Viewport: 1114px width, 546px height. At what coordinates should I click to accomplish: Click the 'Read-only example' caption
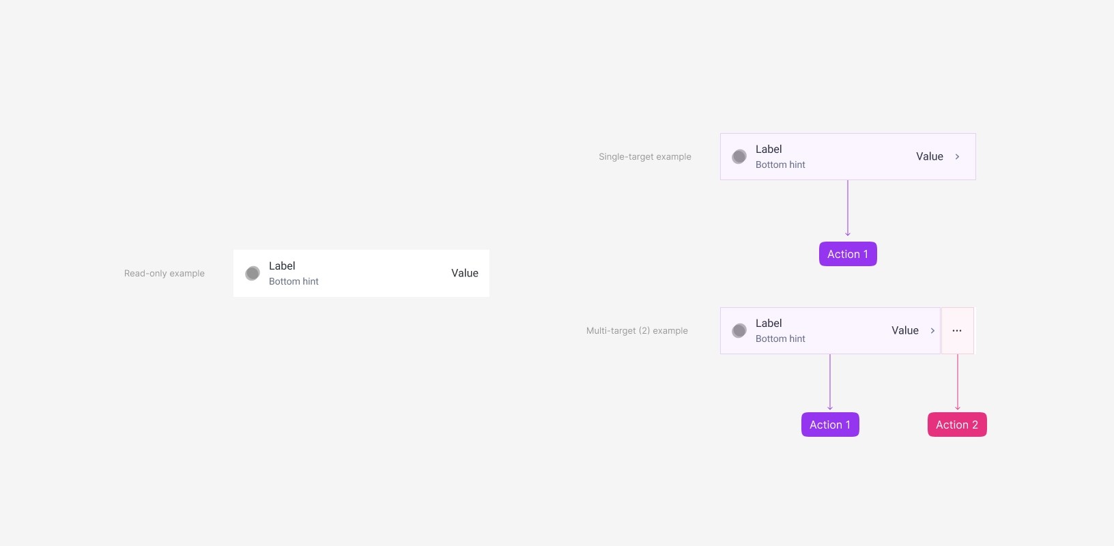(165, 274)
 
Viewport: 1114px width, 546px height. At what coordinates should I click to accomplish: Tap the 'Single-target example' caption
(645, 157)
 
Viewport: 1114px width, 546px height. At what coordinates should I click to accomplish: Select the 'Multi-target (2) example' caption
(637, 331)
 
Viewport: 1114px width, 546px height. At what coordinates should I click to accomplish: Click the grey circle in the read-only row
(253, 273)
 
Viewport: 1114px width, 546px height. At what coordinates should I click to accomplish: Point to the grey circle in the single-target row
(739, 157)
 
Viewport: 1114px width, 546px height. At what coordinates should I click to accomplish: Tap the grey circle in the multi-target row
(739, 331)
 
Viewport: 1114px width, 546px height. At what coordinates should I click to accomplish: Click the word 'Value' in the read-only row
(465, 273)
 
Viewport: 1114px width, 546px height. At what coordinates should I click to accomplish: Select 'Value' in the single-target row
(930, 156)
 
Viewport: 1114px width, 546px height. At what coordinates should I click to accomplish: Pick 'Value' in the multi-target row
(905, 330)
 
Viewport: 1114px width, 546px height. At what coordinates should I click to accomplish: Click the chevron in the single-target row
(957, 157)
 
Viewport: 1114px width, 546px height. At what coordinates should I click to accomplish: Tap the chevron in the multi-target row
(932, 331)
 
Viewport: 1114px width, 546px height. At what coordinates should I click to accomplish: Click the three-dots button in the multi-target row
(957, 331)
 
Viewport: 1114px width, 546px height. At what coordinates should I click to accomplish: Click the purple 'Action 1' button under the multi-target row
(830, 425)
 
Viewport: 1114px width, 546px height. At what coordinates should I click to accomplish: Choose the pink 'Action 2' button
(957, 425)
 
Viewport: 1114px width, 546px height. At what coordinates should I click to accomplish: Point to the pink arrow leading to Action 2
(958, 382)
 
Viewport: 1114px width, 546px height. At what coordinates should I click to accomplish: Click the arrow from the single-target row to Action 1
(848, 208)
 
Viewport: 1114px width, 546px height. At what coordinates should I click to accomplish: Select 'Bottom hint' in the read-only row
(294, 281)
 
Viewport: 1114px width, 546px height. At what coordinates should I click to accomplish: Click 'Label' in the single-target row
(769, 149)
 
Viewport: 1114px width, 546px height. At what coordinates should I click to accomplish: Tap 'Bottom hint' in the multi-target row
(780, 339)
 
